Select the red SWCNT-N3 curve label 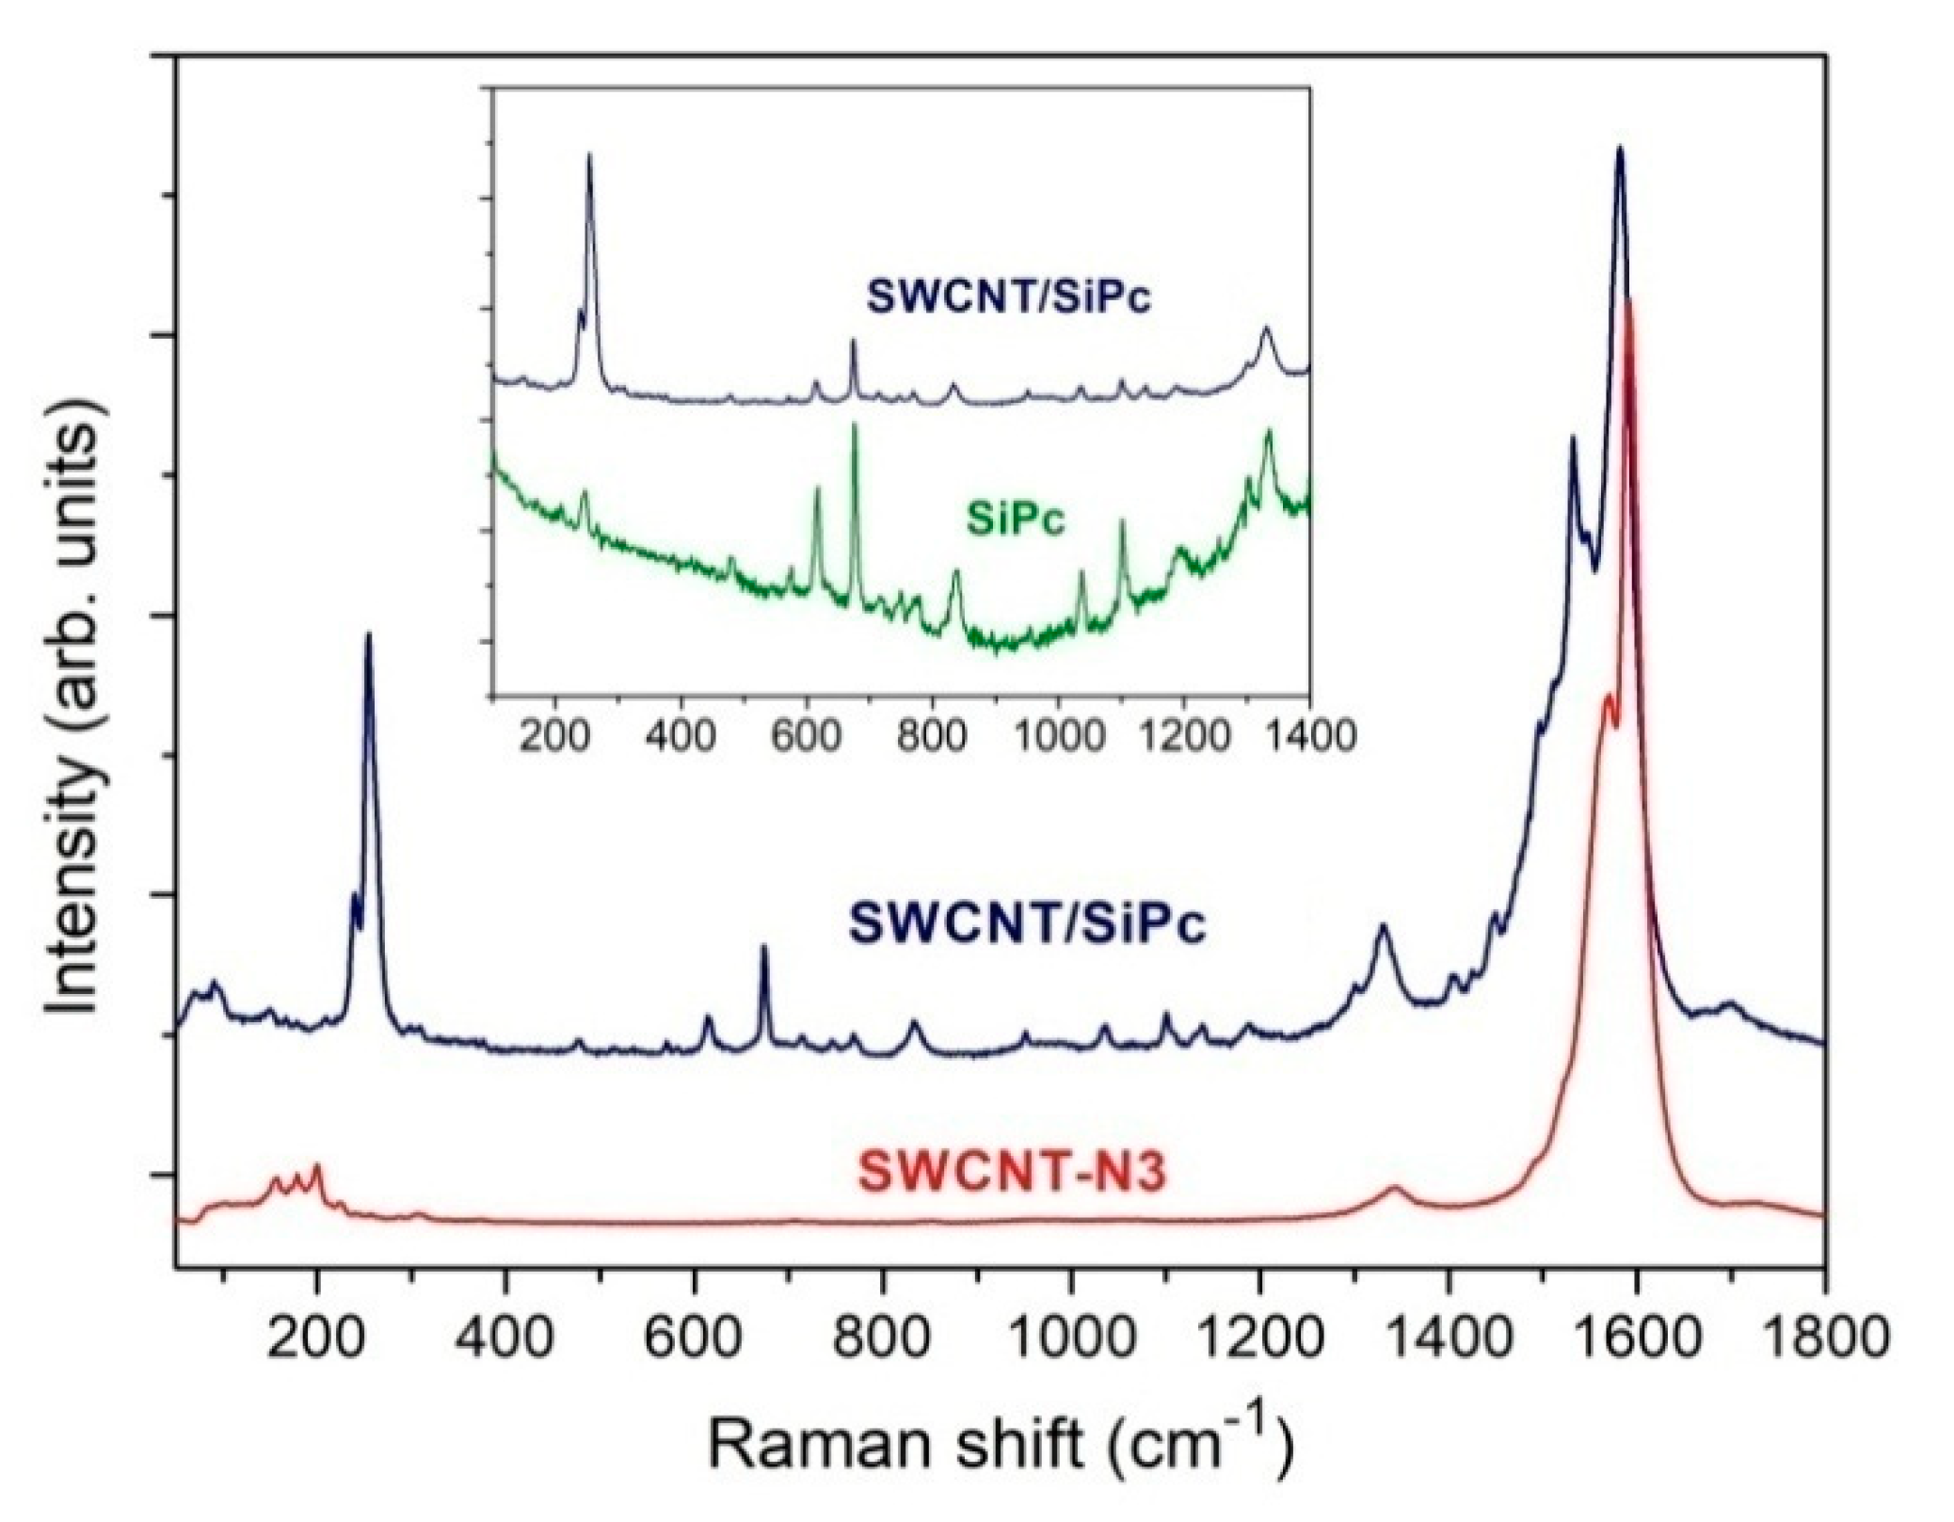tap(1012, 1176)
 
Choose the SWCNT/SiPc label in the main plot tap(1027, 923)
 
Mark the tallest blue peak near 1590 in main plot tap(1620, 149)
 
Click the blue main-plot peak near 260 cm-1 tap(368, 634)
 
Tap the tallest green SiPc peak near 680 tap(855, 426)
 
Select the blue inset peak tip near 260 tap(589, 155)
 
